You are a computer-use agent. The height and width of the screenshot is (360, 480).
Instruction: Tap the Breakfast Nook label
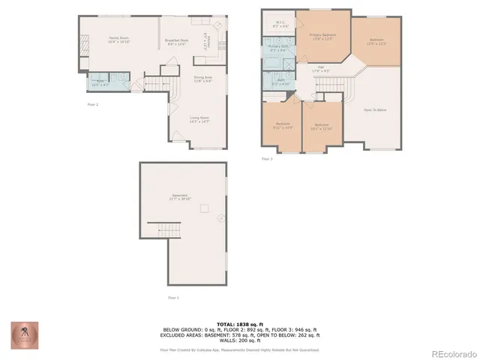(x=177, y=41)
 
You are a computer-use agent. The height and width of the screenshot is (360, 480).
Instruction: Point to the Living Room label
(x=199, y=117)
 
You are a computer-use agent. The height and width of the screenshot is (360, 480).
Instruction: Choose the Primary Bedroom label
(x=322, y=34)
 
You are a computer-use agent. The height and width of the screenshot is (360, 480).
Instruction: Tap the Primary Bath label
(x=279, y=49)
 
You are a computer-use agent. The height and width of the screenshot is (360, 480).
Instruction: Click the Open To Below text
(x=375, y=109)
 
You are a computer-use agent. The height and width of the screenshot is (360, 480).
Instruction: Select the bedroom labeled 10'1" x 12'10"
(x=322, y=125)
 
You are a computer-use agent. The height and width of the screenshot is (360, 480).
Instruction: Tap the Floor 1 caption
(x=173, y=298)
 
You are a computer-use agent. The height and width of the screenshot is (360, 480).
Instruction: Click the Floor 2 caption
(x=92, y=105)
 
